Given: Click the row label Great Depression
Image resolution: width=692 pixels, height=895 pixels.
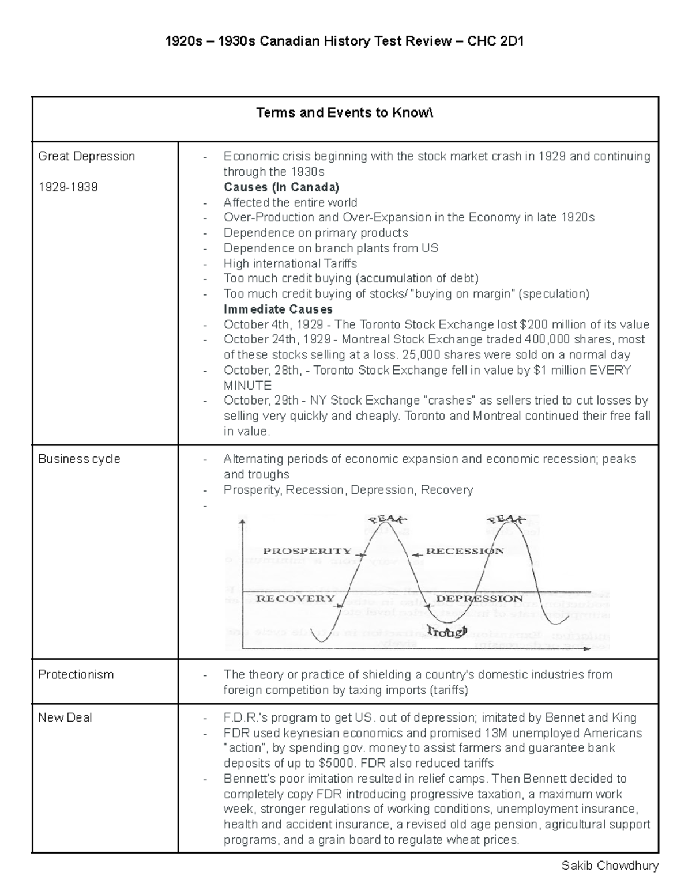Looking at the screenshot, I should click(x=86, y=156).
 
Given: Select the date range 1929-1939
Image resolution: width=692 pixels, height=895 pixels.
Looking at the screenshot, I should click(x=67, y=187).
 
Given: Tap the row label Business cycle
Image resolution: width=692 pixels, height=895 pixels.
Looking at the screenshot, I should click(x=79, y=459).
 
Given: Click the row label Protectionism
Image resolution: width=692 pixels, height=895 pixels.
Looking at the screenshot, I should click(x=76, y=674).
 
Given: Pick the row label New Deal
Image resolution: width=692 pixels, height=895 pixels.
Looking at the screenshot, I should click(x=65, y=717).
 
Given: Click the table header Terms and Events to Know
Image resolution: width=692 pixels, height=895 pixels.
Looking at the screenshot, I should click(x=344, y=113).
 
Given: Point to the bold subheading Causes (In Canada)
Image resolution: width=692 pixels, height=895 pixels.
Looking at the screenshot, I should click(x=281, y=187).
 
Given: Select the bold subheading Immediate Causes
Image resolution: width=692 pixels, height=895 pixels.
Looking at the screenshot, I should click(x=278, y=309).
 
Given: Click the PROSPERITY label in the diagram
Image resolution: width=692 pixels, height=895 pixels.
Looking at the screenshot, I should click(x=307, y=551).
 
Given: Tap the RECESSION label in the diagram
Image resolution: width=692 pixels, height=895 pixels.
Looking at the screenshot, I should click(x=464, y=551).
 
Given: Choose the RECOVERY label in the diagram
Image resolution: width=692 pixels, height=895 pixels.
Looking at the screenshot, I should click(x=295, y=598).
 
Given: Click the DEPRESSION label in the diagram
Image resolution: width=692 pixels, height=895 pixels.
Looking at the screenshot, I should click(x=479, y=598).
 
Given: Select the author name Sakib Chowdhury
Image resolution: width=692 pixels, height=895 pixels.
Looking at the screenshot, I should click(x=610, y=866).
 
